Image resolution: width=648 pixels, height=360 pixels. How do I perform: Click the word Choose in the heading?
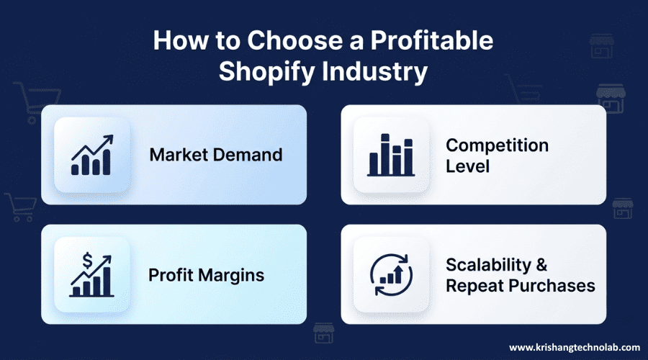point(286,41)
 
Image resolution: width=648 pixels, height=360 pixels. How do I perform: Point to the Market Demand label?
point(215,155)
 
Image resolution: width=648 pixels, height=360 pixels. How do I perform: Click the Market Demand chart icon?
point(91,155)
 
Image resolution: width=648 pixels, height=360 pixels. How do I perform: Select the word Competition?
point(497,145)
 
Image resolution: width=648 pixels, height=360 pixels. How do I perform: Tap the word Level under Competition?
point(467,166)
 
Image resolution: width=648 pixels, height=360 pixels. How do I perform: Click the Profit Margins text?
point(206,274)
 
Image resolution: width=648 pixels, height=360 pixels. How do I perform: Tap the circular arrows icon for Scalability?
point(391,274)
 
